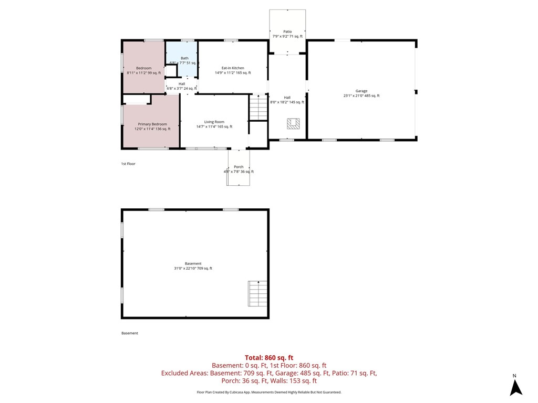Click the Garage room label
click(x=361, y=91)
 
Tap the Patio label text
click(x=287, y=31)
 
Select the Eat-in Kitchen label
click(x=233, y=68)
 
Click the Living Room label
click(x=214, y=122)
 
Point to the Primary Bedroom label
click(x=152, y=124)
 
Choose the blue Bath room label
click(x=184, y=58)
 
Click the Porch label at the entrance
click(x=239, y=167)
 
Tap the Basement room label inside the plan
click(x=193, y=263)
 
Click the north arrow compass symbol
click(x=516, y=387)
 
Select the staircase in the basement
click(x=257, y=294)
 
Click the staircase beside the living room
click(x=258, y=108)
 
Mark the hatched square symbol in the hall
click(x=293, y=124)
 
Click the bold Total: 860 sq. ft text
click(x=268, y=357)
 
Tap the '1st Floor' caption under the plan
click(x=128, y=164)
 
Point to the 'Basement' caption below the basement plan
click(x=130, y=333)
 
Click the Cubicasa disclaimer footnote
click(x=268, y=392)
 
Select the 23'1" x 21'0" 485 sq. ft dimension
click(x=361, y=96)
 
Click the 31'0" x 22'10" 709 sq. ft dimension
click(x=193, y=269)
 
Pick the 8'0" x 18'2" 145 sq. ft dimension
click(x=287, y=102)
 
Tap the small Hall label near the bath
click(x=181, y=84)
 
